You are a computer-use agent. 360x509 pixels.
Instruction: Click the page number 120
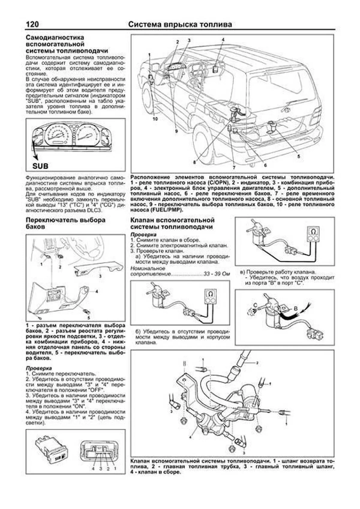tap(32, 24)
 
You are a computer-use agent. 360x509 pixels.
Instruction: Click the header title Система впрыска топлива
tap(180, 24)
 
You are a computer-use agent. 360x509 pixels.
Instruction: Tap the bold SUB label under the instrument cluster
tap(40, 166)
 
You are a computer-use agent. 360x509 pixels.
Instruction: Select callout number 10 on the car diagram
tap(155, 119)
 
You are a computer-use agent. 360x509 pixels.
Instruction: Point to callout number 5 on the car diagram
tap(298, 156)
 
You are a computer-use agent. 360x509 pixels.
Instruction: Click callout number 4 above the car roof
tap(223, 40)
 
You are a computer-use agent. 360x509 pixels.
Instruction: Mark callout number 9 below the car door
tap(176, 131)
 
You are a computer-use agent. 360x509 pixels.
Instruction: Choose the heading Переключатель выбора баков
tap(65, 223)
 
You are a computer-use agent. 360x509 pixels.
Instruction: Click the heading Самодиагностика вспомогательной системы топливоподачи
tap(67, 44)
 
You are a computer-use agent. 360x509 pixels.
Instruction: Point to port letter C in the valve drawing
tap(255, 305)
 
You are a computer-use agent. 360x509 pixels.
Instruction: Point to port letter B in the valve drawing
tap(295, 308)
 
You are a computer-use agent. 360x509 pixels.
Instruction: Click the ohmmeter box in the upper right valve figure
tap(313, 234)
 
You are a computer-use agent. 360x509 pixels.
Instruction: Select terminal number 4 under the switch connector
tap(93, 468)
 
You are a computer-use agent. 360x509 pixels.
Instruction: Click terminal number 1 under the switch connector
tap(115, 468)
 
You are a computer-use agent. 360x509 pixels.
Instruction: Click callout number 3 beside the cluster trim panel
tap(100, 276)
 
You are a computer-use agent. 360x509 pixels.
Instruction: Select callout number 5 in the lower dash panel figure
tap(88, 318)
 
